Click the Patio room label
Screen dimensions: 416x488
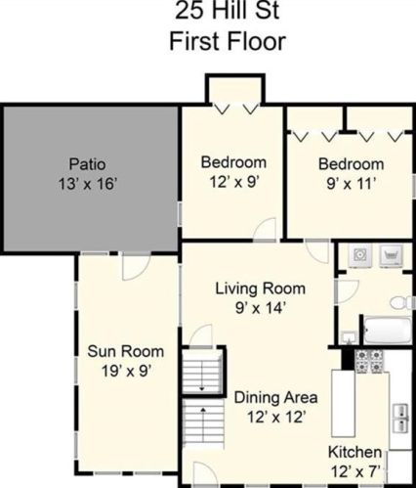(x=87, y=163)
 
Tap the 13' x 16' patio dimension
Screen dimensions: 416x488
(x=88, y=184)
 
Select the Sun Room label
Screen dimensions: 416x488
(x=126, y=351)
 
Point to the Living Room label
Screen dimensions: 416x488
(x=261, y=288)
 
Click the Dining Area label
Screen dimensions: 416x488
(x=276, y=398)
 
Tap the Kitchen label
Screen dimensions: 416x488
(x=354, y=452)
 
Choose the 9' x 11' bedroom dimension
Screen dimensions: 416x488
(x=352, y=184)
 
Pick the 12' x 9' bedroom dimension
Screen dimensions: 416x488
(x=234, y=182)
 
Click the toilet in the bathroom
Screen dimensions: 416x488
(x=401, y=303)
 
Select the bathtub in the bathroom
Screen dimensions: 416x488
(x=388, y=330)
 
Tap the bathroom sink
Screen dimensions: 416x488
(x=350, y=337)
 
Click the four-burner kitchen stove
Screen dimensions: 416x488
(x=369, y=361)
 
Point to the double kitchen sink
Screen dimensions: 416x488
(x=400, y=418)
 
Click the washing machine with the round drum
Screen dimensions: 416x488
(x=360, y=253)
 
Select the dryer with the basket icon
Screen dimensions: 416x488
(x=392, y=255)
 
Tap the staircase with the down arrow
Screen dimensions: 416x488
(x=202, y=371)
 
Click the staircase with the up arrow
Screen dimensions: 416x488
(x=203, y=422)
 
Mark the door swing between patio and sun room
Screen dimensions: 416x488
(x=136, y=266)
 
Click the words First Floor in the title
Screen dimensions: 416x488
(x=228, y=41)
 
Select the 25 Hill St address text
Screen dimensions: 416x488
(x=228, y=11)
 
